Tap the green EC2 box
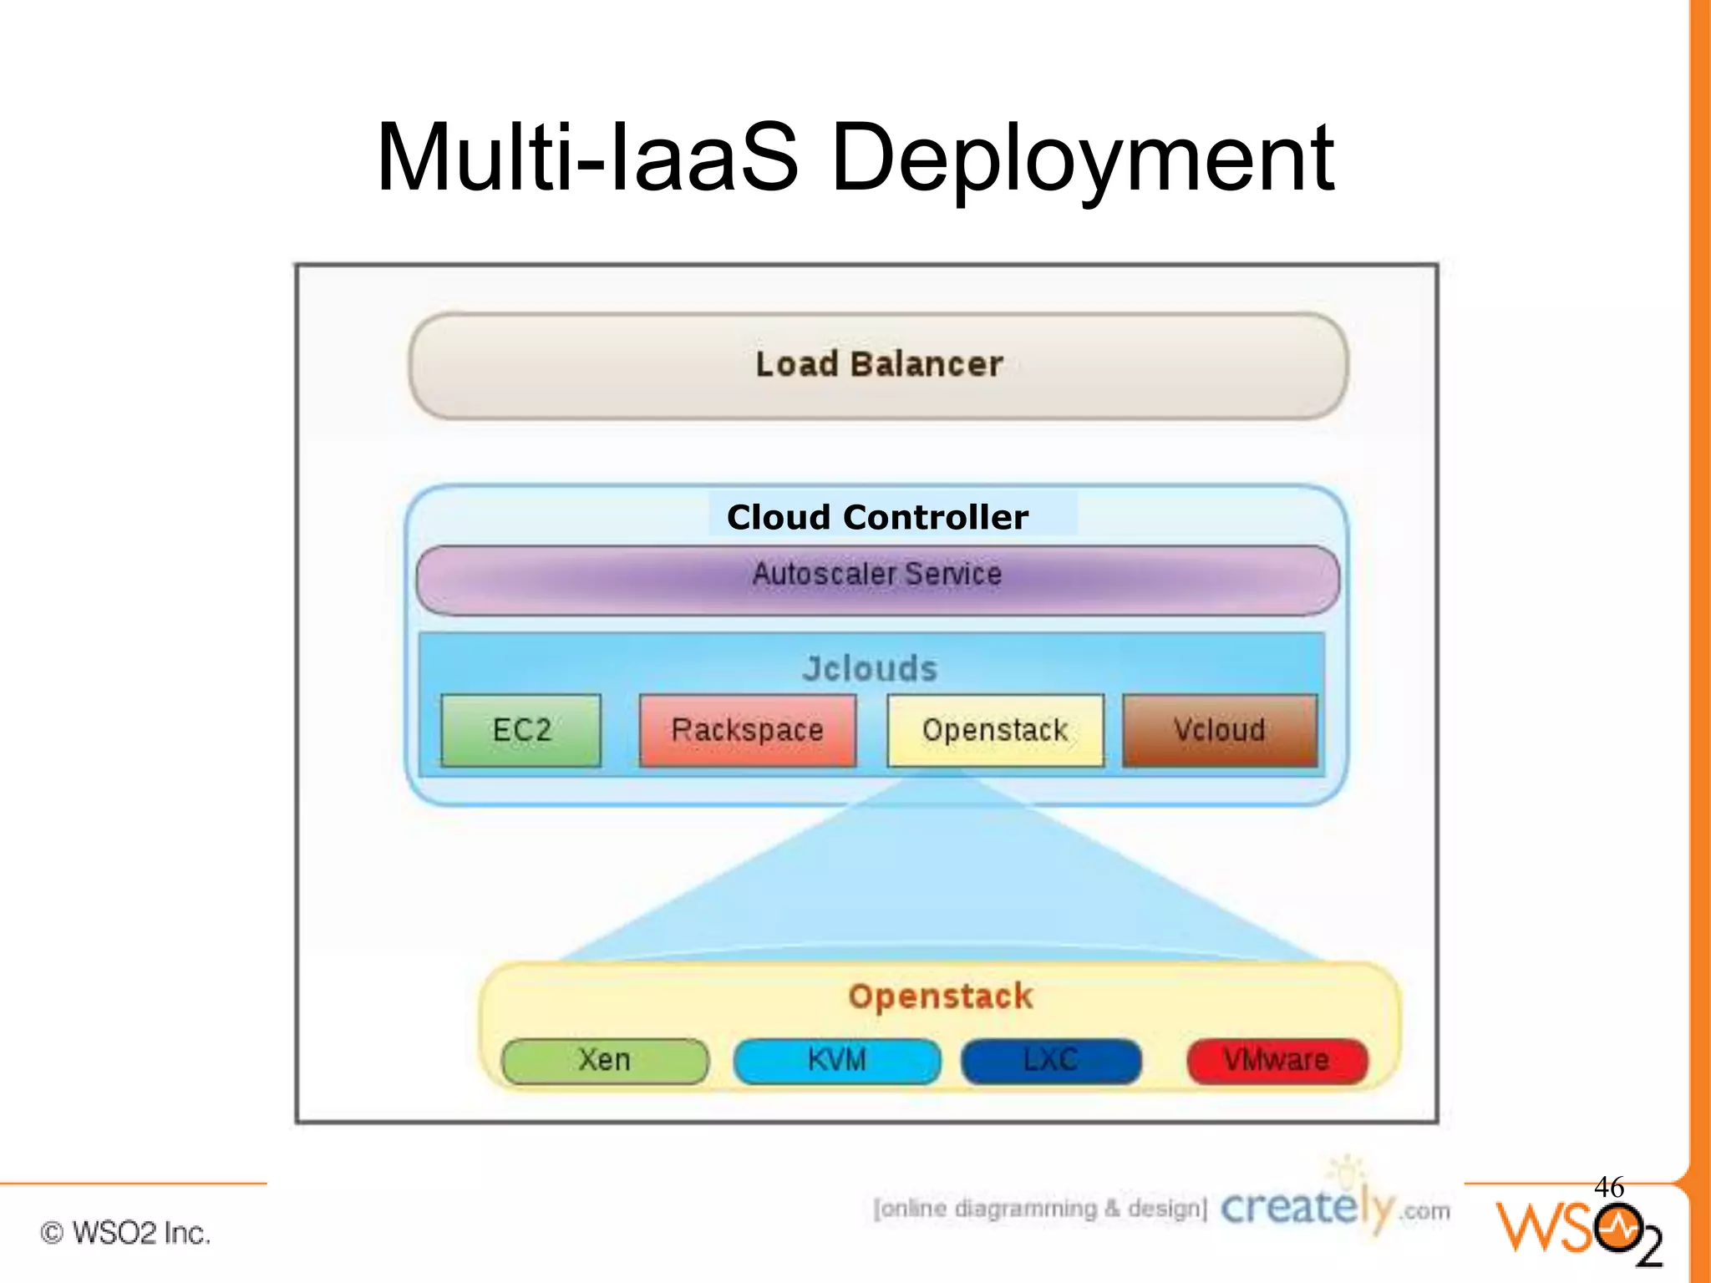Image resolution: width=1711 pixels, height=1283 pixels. [521, 730]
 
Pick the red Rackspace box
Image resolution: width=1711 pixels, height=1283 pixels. [748, 730]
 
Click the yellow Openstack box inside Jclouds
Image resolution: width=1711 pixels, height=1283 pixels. [995, 730]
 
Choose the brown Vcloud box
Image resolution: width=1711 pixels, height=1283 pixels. [1220, 730]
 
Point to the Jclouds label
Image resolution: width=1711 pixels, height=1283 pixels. [870, 669]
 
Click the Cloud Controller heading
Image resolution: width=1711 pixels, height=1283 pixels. [877, 517]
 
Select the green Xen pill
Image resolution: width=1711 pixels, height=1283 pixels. [605, 1061]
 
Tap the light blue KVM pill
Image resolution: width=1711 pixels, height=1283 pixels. [837, 1061]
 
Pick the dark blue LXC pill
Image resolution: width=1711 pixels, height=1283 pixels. [1051, 1061]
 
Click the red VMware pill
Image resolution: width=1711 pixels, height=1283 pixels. [1277, 1061]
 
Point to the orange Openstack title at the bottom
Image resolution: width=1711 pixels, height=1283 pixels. [941, 996]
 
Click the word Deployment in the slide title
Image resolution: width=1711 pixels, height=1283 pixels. [1083, 159]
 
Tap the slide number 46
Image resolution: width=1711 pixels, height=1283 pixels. [1609, 1187]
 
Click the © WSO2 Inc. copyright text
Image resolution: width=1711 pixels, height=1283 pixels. [125, 1233]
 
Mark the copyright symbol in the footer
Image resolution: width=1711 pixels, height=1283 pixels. [52, 1233]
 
